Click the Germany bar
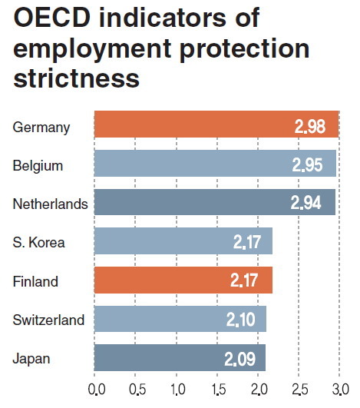pos(216,124)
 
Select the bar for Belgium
pos(215,163)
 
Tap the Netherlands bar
pos(215,202)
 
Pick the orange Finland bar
pos(183,280)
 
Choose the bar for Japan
pos(180,357)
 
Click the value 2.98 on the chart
pos(310,127)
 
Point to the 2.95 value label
pos(307,164)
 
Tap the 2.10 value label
pos(241,320)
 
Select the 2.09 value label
pos(239,360)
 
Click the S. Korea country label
pos(38,243)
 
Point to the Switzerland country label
pos(48,320)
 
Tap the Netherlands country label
pos(51,204)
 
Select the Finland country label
pos(35,281)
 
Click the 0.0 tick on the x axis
pos(97,390)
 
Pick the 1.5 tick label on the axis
pos(218,390)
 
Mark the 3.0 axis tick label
pos(341,390)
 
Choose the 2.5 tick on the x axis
pos(299,390)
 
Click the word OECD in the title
pos(52,18)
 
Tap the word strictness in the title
pos(77,78)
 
